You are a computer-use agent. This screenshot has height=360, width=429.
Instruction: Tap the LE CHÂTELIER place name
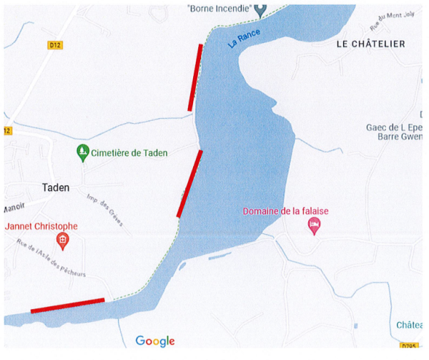pos(370,44)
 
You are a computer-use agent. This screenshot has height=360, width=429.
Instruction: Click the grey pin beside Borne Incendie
pos(262,9)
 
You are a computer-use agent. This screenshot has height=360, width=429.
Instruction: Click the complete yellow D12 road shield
pos(55,44)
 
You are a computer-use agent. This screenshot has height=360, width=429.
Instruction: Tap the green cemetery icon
pos(83,152)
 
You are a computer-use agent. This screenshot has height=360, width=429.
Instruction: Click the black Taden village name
pos(55,187)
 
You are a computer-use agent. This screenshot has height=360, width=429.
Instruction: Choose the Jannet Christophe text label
pos(41,226)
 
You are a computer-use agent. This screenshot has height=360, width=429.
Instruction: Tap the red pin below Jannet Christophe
pos(62,241)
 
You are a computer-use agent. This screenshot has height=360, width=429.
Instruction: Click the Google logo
pos(155,341)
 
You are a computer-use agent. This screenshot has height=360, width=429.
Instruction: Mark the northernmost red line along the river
pos(195,77)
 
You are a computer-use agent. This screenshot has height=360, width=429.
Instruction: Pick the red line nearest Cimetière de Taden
pos(189,183)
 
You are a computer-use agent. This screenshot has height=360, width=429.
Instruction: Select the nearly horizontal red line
pos(68,306)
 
